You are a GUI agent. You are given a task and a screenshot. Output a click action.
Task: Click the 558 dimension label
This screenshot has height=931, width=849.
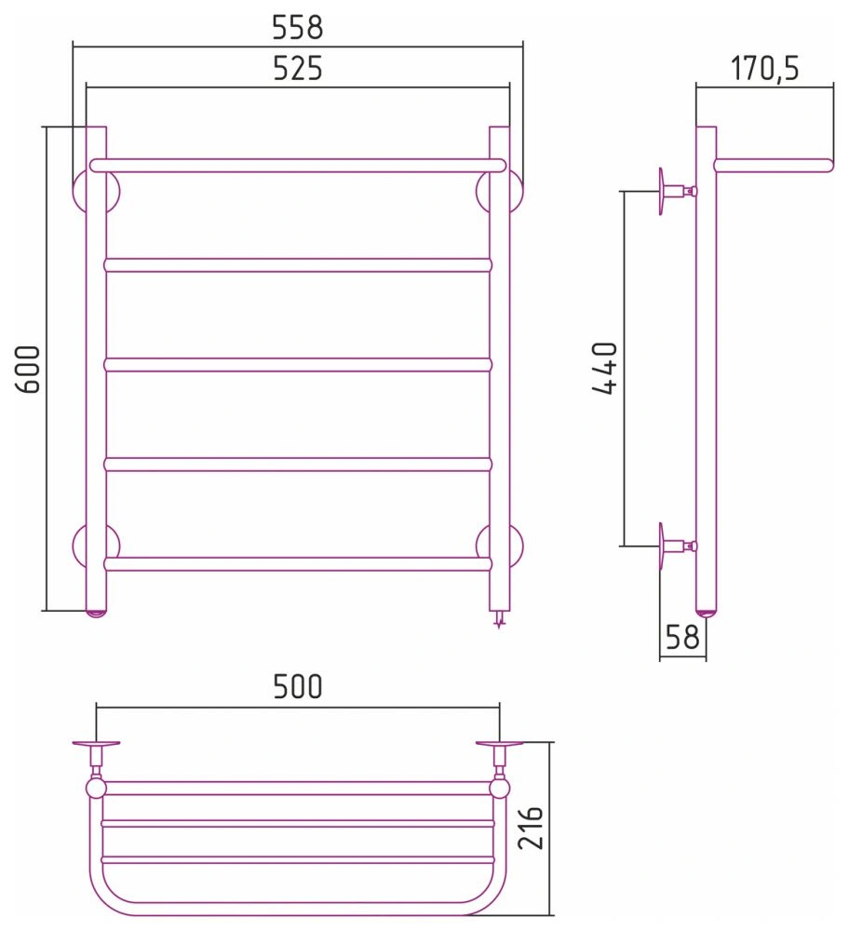tap(298, 28)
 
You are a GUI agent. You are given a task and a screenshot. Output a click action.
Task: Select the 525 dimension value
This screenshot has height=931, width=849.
tap(298, 68)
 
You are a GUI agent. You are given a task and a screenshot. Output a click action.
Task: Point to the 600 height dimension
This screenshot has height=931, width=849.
tap(28, 369)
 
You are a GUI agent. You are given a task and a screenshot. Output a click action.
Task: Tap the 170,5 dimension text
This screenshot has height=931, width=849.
tap(764, 68)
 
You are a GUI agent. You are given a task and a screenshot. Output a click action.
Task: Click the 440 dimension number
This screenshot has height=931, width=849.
tap(606, 368)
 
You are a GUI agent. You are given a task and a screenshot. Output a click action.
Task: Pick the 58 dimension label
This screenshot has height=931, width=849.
tap(682, 637)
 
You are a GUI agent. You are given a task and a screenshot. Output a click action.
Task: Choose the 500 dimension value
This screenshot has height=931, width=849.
tap(298, 686)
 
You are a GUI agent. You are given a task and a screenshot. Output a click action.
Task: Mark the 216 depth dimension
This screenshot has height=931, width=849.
tap(531, 828)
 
